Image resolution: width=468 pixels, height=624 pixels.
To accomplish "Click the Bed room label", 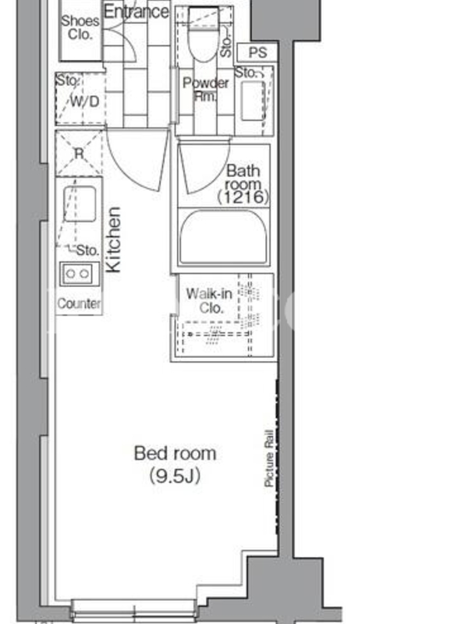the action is tap(175, 453).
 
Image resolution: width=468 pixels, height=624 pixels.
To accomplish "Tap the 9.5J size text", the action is tap(175, 476).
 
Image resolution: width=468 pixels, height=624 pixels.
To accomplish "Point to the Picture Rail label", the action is tap(269, 458).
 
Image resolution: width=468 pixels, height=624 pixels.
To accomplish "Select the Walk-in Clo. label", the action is tap(209, 300).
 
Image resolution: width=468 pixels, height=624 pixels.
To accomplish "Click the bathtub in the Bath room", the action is tap(223, 237).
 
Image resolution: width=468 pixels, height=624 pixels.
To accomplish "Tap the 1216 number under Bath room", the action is tap(243, 197).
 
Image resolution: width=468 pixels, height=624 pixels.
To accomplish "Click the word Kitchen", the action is tap(113, 239).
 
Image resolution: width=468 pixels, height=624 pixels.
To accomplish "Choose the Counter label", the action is tap(79, 303).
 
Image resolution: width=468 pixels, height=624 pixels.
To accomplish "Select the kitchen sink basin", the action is tap(80, 204).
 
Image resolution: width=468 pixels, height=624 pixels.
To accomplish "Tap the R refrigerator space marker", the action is tap(80, 153).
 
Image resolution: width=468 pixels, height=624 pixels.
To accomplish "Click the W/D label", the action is tap(85, 101).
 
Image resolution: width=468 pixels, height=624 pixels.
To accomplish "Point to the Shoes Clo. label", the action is tap(80, 27).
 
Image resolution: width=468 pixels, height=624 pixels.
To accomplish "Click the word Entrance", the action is tap(136, 12).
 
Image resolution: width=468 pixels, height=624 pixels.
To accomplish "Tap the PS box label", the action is tap(257, 52).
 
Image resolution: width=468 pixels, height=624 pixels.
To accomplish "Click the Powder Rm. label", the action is tap(205, 89).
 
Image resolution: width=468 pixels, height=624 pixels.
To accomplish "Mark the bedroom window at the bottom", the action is tap(133, 609).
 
